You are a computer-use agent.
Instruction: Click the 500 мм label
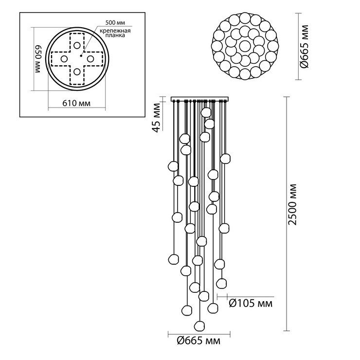tap(115, 23)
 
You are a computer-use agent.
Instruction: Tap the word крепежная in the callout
tap(115, 31)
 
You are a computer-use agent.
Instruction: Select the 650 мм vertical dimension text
tap(38, 59)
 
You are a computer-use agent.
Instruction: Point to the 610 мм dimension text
tap(76, 103)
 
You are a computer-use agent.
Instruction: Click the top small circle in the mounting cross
tap(77, 45)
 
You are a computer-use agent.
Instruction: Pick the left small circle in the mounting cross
tap(64, 59)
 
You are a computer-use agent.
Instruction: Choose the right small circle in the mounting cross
tap(90, 59)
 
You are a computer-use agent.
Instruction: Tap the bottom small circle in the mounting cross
tap(77, 72)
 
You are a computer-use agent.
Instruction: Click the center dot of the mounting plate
tap(81, 55)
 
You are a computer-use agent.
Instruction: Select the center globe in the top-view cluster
tap(245, 46)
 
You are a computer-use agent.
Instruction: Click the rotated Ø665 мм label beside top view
tap(305, 46)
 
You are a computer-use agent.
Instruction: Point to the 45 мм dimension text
tap(156, 118)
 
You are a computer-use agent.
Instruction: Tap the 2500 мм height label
tap(293, 204)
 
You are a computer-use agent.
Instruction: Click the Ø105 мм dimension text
tap(251, 304)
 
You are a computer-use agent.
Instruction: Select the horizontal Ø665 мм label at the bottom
tap(198, 341)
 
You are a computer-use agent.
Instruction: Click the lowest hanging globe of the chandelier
tap(199, 326)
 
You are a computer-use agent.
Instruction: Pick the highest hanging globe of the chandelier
tap(206, 112)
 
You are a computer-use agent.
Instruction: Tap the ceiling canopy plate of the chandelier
tap(200, 99)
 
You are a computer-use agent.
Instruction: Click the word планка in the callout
tap(115, 36)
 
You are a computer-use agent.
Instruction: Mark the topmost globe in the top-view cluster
tap(245, 18)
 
